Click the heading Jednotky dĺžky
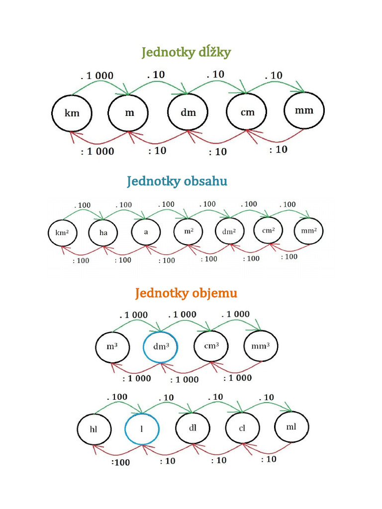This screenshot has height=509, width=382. [186, 52]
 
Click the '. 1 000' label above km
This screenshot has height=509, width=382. [97, 76]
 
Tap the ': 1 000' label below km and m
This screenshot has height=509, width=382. [97, 151]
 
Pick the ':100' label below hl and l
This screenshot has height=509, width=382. [120, 462]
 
